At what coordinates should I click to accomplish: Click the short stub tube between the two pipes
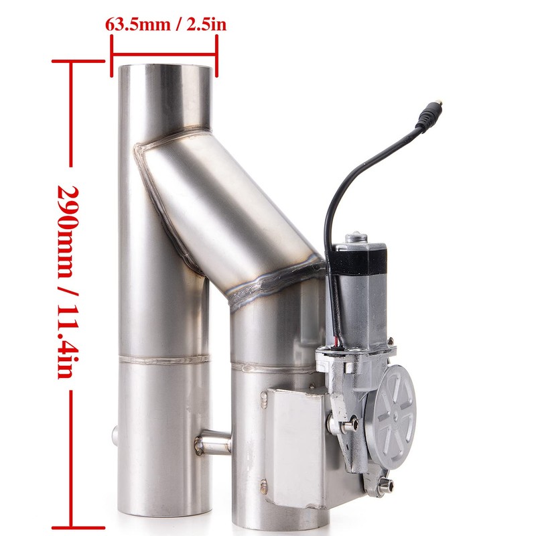[x=213, y=442]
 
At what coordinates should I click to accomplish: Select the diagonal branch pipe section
[x=228, y=208]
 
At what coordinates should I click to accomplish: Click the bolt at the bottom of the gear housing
[x=384, y=488]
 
